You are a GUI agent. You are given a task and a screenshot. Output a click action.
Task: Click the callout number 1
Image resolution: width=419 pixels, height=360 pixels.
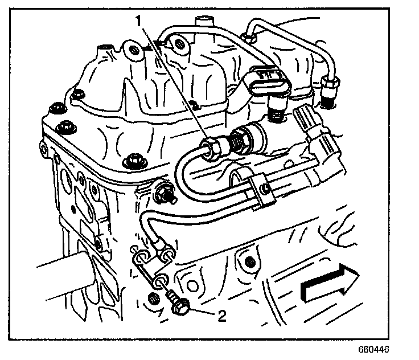pos(137,21)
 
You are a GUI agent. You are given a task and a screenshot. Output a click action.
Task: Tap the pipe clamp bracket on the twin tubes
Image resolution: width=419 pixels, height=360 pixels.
pos(260,190)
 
